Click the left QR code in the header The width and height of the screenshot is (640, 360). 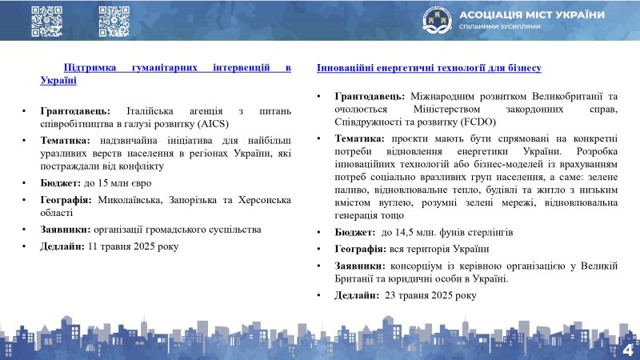47,22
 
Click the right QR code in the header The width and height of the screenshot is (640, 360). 114,22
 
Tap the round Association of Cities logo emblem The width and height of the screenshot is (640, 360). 437,21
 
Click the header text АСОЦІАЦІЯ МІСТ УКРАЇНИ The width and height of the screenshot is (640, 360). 532,15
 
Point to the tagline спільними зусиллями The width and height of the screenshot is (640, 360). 499,26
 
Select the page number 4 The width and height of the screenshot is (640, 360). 628,350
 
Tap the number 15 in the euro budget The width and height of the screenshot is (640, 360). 103,183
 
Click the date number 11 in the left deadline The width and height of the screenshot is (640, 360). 93,246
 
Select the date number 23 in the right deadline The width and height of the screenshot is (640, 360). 390,295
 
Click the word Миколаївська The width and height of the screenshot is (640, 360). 130,200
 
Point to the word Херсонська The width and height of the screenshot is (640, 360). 265,200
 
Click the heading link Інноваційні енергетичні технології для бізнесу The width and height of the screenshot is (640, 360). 429,68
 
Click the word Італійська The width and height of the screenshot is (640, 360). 150,111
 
